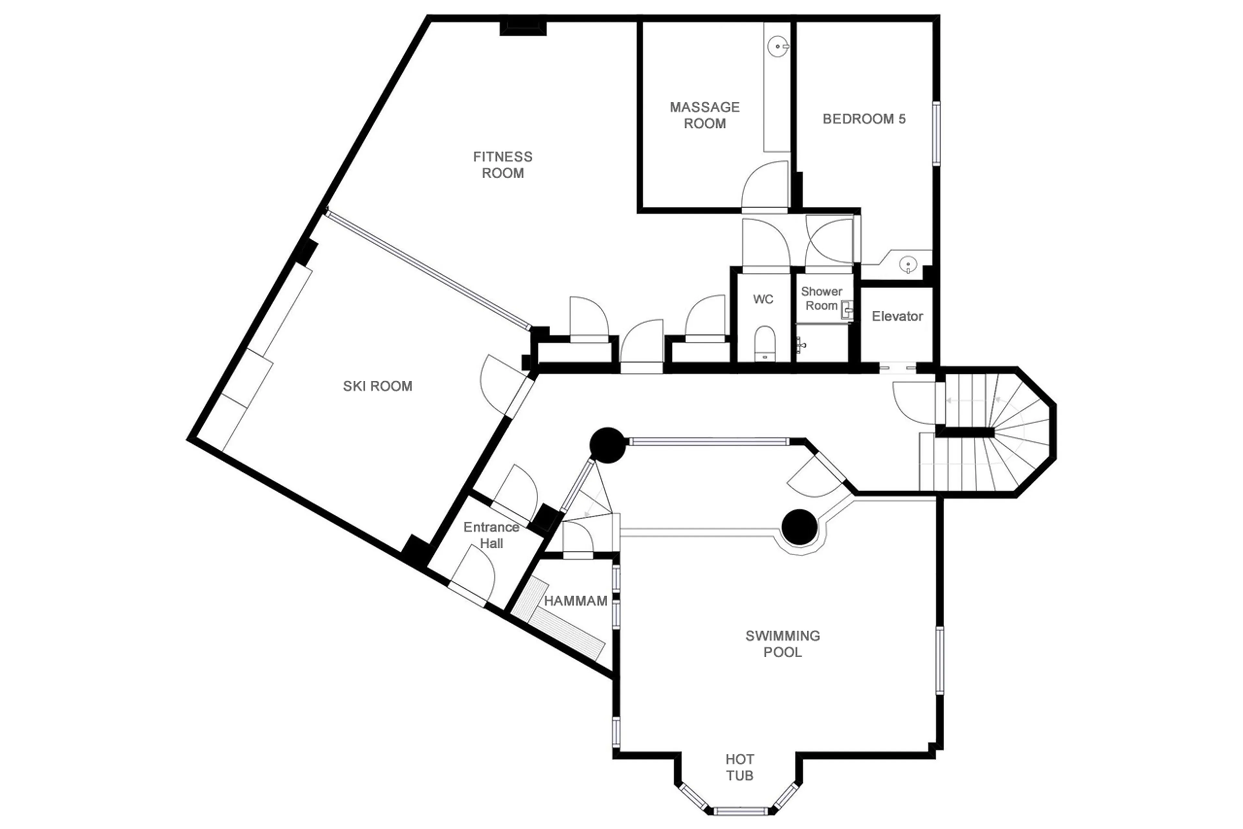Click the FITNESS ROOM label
click(502, 165)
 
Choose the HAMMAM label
click(575, 601)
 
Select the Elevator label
click(897, 316)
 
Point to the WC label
click(763, 299)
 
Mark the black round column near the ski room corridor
click(608, 445)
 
